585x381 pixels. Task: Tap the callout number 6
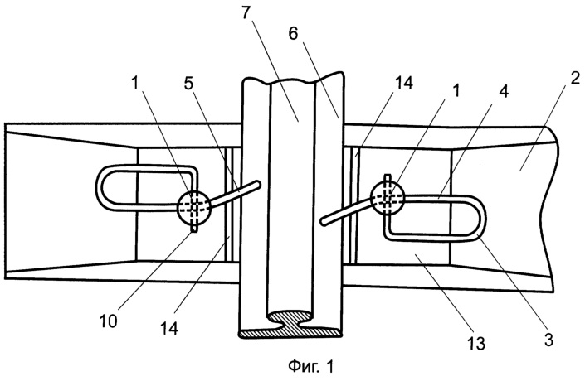coord(293,34)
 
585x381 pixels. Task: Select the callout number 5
coord(189,84)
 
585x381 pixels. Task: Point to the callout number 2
coord(574,79)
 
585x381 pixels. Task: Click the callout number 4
coord(504,91)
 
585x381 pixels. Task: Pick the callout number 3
coord(548,340)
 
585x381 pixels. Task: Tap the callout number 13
coord(476,343)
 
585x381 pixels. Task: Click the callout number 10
coord(108,321)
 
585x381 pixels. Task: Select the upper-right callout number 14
coord(403,83)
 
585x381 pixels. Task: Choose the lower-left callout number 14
coord(169,328)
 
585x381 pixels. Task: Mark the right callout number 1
coord(456,91)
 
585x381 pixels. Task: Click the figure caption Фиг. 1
coord(311,366)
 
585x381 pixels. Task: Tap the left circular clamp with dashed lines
coord(193,207)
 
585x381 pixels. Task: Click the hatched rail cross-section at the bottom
coord(290,325)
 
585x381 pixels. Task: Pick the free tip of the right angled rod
coord(323,222)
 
